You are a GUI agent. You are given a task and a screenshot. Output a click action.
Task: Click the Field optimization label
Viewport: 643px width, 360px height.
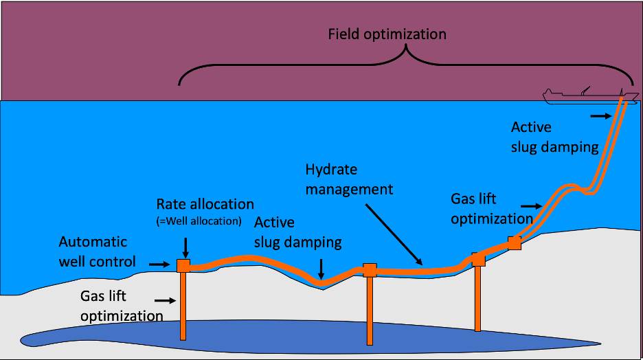tap(387, 34)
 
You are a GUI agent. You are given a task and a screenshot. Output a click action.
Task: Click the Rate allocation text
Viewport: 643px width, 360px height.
tap(205, 204)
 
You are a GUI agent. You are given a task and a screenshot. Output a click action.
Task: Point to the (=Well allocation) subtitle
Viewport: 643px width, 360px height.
tap(199, 221)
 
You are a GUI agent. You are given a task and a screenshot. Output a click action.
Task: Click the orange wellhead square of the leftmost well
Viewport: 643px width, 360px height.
tap(183, 265)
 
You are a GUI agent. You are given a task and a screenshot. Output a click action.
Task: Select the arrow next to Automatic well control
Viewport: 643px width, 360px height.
tap(159, 263)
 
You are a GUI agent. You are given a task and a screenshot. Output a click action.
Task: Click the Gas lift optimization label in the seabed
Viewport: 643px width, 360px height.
tap(122, 306)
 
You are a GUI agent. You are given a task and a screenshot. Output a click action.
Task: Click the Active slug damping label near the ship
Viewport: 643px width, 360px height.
tap(554, 137)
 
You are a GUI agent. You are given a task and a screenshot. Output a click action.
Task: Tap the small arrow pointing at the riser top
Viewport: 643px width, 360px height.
tap(600, 116)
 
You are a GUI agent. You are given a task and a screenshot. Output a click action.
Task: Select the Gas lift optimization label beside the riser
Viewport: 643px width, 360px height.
tap(491, 209)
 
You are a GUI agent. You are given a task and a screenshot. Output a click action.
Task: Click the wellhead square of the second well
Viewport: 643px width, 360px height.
tap(370, 270)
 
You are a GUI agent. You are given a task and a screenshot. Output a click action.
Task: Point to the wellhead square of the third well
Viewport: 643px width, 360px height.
tap(479, 260)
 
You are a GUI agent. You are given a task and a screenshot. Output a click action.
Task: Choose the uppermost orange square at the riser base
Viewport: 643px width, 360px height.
tap(515, 243)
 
